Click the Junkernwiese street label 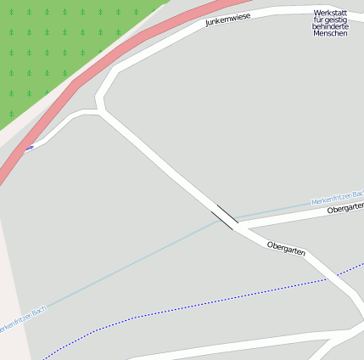pos(228,20)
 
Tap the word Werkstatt pos(330,14)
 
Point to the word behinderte pos(330,34)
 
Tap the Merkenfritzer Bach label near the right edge pos(338,198)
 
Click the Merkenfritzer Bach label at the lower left pos(21,318)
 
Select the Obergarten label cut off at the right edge pos(344,208)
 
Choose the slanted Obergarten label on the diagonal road pos(286,248)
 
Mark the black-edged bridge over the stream pos(226,217)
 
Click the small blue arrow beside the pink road pos(30,149)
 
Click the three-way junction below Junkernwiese pos(102,110)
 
